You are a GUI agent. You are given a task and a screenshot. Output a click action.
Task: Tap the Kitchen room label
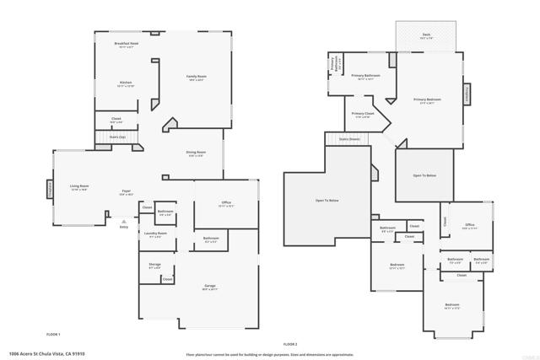pos(125,83)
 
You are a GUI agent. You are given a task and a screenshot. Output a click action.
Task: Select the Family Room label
pos(197,77)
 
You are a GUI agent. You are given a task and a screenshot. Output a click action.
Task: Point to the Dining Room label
pos(197,153)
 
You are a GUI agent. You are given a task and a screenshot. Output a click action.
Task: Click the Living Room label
pos(79,186)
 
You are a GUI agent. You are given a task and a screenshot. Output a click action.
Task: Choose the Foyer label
pos(126,191)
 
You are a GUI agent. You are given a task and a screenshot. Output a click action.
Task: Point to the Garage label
pos(210,286)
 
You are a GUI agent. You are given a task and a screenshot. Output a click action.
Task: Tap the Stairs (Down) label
pos(349,138)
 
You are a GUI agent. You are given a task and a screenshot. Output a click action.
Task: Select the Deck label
pos(427,35)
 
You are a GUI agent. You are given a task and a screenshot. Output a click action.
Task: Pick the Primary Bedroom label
pos(427,99)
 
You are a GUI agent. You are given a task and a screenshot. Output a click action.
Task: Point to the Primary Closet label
pos(363,114)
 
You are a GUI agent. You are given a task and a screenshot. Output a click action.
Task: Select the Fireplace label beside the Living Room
pos(49,186)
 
